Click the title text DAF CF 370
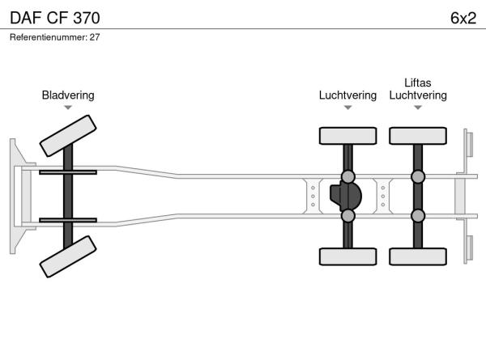coord(55,18)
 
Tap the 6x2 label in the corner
coord(463,18)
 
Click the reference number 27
coord(95,37)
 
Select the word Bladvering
coord(68,95)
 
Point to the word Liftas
coord(418,83)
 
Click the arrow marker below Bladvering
coord(68,108)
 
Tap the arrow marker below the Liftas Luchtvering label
coord(418,108)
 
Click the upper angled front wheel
coord(68,136)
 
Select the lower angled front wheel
coord(68,256)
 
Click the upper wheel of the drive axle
coord(348,136)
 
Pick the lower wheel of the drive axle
coord(348,256)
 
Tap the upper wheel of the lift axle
coord(418,136)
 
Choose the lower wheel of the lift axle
coord(418,256)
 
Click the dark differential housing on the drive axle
coord(346,197)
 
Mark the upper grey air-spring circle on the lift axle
coord(418,176)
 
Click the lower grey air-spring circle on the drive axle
coord(348,216)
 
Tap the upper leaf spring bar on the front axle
coord(68,172)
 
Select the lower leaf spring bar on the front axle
coord(68,220)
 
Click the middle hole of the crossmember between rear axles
coord(383,197)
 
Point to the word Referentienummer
coord(49,37)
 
